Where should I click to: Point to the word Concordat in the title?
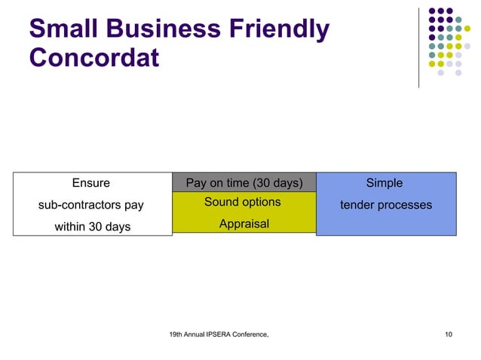coord(94,58)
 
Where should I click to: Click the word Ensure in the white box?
coord(90,183)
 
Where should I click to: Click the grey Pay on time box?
coord(244,182)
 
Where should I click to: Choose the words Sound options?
coord(242,202)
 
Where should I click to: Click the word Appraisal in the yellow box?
coord(244,224)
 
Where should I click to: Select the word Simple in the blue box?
coord(384,183)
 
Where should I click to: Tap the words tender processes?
coord(385,205)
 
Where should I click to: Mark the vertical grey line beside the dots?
coord(419,45)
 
